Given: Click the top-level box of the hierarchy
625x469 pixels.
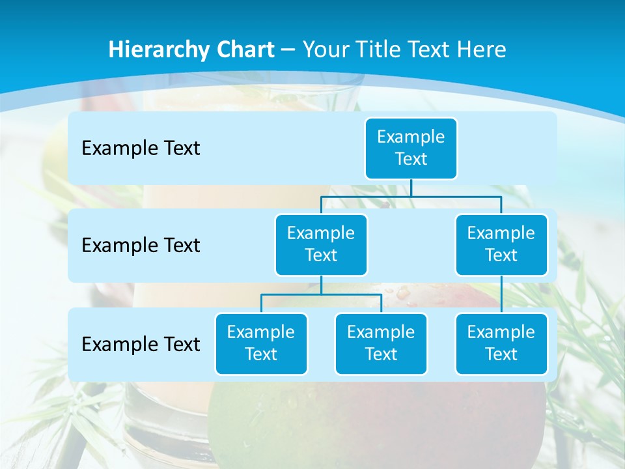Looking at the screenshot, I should click(411, 148).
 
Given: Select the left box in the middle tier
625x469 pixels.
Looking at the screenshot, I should click(321, 244).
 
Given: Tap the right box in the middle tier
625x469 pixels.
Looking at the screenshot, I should click(501, 244).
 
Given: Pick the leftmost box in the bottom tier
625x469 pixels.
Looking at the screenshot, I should click(261, 343).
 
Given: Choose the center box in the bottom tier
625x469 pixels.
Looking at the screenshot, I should click(381, 343).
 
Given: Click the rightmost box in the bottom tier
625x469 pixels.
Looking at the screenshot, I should click(501, 343).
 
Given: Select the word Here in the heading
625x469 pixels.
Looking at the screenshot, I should click(484, 50).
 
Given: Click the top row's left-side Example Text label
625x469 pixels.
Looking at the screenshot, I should click(141, 149).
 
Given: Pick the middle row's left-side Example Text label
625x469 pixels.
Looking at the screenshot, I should click(141, 246).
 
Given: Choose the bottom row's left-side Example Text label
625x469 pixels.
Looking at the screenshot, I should click(141, 344).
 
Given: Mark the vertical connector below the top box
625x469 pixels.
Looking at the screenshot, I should click(411, 188).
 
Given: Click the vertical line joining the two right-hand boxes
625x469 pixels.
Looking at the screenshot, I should click(501, 294).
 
